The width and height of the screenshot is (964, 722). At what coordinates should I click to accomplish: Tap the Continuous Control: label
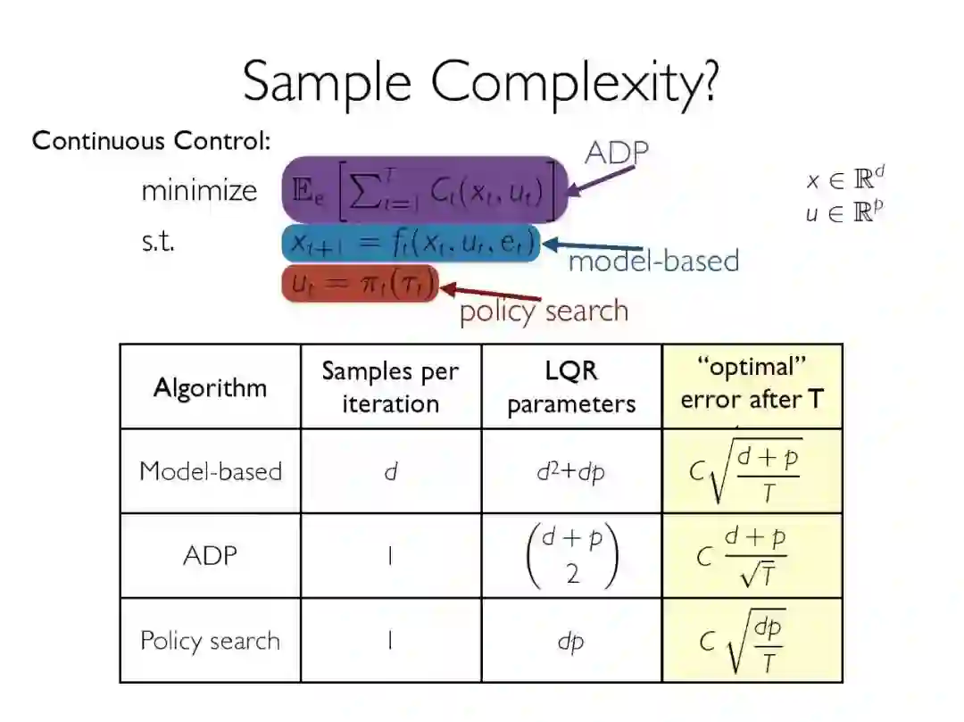tap(152, 141)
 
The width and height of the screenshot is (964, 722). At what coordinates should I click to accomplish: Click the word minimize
tap(198, 190)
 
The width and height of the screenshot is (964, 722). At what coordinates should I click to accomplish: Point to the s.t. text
tap(158, 241)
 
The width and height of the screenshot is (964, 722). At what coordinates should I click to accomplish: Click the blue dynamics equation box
tap(411, 243)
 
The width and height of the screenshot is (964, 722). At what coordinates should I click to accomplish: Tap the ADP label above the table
tap(616, 153)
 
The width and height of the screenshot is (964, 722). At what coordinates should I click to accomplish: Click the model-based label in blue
tap(653, 261)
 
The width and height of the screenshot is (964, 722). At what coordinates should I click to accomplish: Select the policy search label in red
tap(544, 311)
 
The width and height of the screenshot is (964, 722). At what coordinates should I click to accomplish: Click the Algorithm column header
tap(210, 387)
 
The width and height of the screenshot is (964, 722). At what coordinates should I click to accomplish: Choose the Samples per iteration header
tap(390, 386)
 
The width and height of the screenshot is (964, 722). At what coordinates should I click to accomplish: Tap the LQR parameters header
tap(571, 386)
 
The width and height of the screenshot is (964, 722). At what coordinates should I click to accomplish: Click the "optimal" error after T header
tap(752, 385)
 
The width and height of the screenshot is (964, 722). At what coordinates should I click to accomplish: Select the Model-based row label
tap(210, 470)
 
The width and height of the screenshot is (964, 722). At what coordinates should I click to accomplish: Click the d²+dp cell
tap(570, 470)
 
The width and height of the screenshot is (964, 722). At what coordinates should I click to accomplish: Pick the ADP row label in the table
tap(210, 555)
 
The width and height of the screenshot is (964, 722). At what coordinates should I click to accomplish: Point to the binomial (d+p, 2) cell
tap(571, 555)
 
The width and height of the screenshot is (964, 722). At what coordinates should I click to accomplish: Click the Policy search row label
tap(210, 641)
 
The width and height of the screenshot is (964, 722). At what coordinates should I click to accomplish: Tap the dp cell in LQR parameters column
tap(570, 641)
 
